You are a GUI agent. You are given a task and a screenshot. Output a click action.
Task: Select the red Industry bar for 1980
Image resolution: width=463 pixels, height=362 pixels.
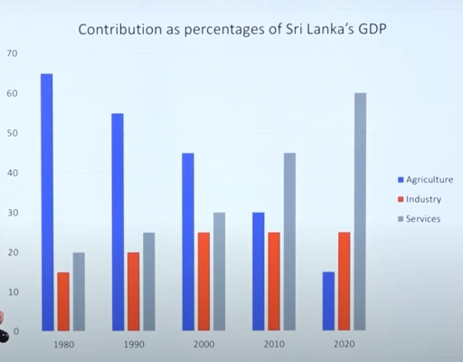[63, 301]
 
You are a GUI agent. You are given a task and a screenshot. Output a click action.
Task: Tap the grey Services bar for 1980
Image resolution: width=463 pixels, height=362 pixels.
[80, 291]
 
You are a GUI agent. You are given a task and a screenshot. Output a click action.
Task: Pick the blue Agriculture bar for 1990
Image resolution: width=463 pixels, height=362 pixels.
[118, 222]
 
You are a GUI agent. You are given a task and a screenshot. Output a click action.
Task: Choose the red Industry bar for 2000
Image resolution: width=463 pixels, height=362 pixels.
[204, 281]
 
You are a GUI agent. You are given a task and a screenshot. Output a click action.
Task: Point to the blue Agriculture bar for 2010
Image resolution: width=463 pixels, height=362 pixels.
[259, 271]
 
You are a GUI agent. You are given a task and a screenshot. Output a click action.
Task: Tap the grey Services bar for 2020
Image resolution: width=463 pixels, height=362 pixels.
[361, 212]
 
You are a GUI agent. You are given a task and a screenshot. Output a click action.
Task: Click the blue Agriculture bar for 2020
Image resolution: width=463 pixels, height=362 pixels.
[328, 301]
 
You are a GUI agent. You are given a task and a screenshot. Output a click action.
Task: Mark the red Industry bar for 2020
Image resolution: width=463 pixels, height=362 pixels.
[345, 281]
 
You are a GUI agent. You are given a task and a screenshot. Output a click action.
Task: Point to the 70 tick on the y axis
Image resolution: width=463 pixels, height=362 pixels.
[11, 53]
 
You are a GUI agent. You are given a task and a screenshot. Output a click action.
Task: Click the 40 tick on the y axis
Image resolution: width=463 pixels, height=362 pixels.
[11, 173]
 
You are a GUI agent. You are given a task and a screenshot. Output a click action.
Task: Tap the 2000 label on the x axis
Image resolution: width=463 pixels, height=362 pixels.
[203, 344]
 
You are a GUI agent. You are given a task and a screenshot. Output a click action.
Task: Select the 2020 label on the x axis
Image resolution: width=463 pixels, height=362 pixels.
[345, 344]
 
